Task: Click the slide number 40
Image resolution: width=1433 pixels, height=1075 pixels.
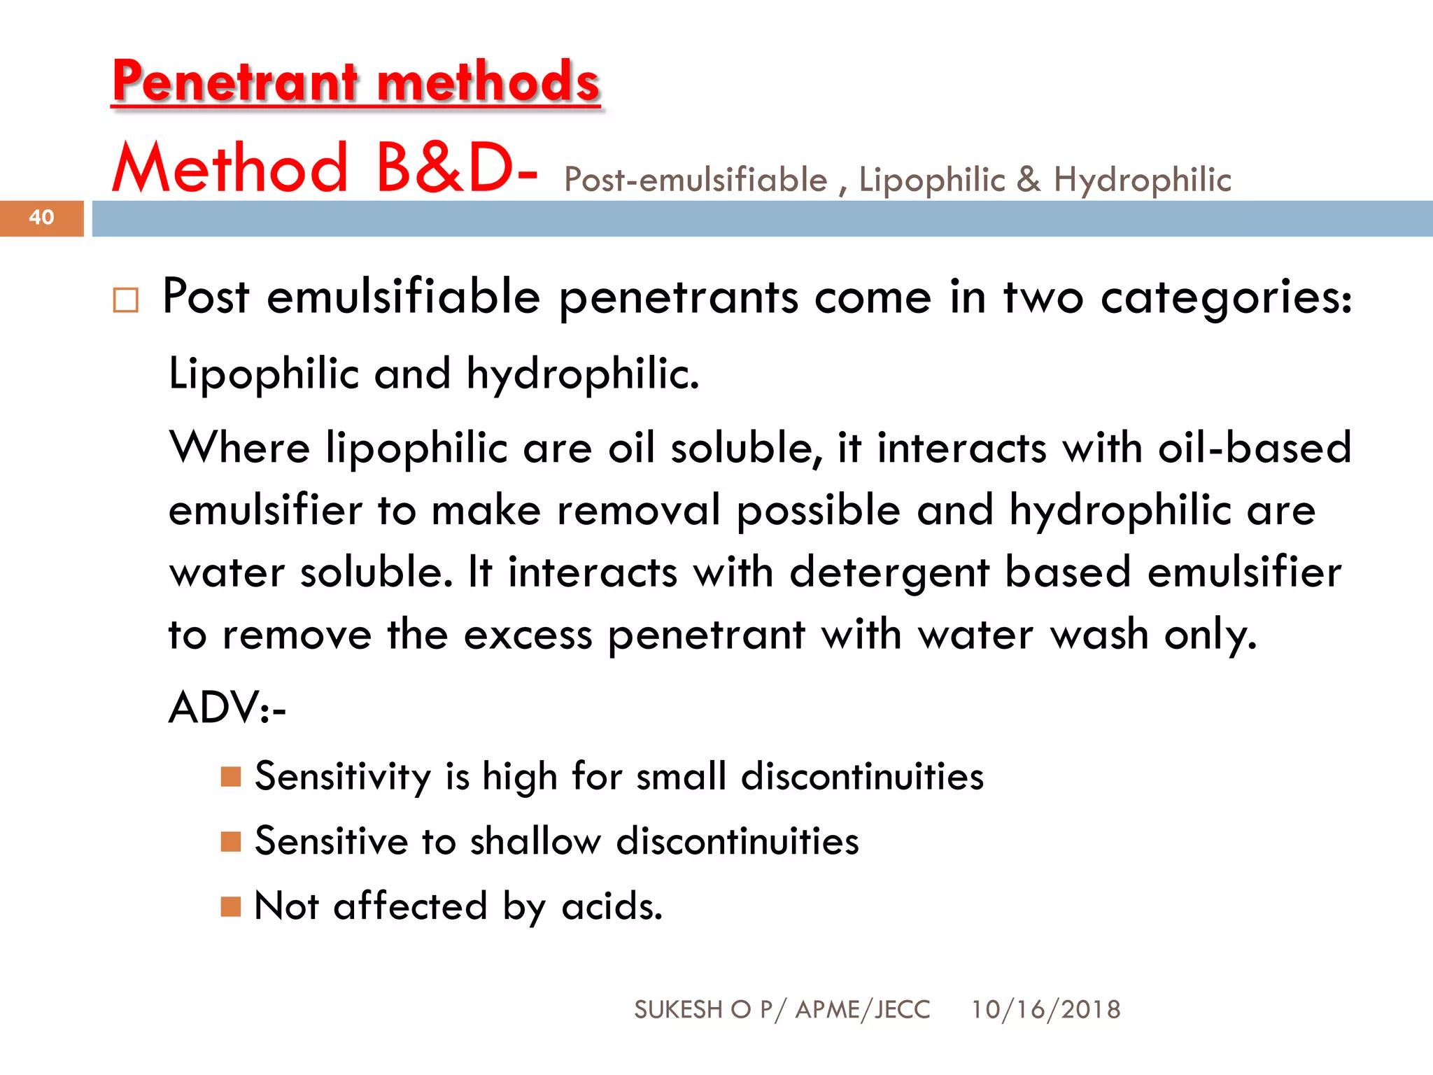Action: (x=41, y=218)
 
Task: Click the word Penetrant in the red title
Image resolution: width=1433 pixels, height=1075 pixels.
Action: (x=235, y=82)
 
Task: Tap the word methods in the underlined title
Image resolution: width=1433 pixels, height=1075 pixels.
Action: (x=488, y=82)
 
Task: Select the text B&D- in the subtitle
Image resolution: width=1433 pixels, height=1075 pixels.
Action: (x=457, y=169)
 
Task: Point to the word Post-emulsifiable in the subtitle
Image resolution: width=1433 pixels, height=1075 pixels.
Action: (x=696, y=180)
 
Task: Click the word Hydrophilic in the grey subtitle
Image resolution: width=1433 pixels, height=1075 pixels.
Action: (x=1142, y=180)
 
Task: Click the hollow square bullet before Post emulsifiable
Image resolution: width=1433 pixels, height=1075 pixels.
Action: (x=126, y=300)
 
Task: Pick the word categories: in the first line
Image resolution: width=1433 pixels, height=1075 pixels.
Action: (x=1226, y=297)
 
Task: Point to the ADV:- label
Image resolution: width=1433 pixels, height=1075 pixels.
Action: (x=227, y=708)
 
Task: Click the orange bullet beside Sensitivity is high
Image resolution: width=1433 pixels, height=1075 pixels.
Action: (x=231, y=776)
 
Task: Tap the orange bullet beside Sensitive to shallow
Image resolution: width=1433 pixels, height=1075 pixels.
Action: (x=231, y=841)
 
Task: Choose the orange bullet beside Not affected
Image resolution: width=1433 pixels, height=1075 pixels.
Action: (x=231, y=906)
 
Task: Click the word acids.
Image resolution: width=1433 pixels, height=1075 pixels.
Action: (x=612, y=906)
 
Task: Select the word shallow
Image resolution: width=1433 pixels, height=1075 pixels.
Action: (x=535, y=841)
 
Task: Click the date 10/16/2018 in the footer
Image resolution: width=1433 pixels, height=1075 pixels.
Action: (x=1045, y=1010)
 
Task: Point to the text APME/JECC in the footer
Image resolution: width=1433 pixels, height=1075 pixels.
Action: (x=863, y=1010)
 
